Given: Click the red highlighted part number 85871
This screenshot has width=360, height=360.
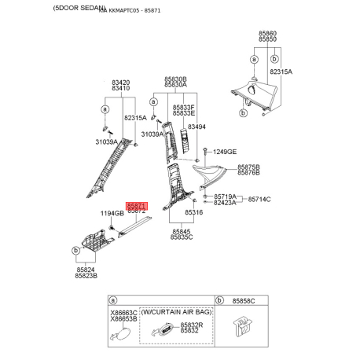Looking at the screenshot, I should tap(136, 203).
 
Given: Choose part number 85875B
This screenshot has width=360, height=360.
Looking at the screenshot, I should tap(248, 167).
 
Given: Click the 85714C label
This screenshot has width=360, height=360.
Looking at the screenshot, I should tap(259, 200).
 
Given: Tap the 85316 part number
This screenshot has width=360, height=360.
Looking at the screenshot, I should tap(193, 213).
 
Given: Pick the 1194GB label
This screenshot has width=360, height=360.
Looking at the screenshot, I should tap(112, 213).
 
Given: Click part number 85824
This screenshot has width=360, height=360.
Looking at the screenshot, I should tap(86, 270).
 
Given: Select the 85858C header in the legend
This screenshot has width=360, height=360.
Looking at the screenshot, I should tap(249, 300).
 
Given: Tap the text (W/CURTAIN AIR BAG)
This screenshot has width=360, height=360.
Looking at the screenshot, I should tap(171, 311).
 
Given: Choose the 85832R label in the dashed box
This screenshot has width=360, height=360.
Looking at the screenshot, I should tap(191, 325).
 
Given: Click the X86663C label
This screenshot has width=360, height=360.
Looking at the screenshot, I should tap(123, 313).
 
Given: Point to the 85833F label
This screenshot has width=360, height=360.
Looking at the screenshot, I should tap(184, 107).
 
